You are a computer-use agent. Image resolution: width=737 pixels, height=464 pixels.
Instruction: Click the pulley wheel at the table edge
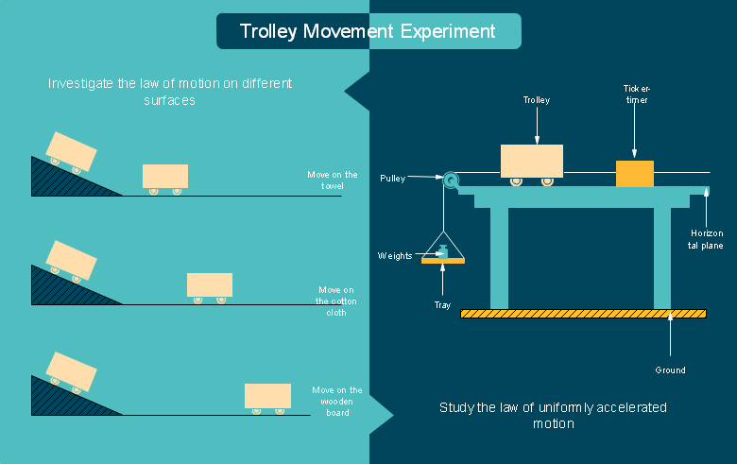451,180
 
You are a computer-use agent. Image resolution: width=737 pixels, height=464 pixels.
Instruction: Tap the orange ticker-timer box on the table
635,174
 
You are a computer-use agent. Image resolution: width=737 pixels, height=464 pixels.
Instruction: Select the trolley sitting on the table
532,164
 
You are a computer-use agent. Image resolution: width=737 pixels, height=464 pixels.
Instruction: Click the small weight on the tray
442,251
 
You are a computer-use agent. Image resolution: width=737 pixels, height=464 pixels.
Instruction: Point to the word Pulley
392,179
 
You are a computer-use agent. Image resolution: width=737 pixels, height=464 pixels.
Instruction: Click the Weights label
395,256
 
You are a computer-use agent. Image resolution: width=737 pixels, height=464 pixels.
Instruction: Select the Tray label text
442,305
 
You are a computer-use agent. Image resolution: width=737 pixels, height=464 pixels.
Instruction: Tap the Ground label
670,370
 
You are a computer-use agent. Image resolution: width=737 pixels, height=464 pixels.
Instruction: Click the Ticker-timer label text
637,94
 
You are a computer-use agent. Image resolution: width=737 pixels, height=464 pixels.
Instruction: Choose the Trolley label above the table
537,99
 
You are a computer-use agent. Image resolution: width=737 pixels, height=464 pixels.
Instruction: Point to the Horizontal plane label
706,239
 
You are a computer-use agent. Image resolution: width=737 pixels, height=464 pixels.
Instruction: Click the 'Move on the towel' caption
333,180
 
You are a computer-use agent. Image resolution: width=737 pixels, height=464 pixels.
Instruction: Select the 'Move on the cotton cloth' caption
336,301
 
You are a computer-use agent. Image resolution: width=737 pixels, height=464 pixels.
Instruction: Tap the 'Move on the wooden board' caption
337,401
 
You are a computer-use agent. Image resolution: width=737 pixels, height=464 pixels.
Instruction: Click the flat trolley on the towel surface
165,180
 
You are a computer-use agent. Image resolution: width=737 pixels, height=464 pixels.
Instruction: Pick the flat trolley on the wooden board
267,399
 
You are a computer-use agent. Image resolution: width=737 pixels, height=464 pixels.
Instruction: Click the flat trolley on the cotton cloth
210,287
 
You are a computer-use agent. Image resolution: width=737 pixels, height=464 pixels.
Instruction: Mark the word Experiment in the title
448,31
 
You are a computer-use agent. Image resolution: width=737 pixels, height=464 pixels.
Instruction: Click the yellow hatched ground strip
583,314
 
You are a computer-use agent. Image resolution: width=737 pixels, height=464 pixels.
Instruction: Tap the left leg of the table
499,258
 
